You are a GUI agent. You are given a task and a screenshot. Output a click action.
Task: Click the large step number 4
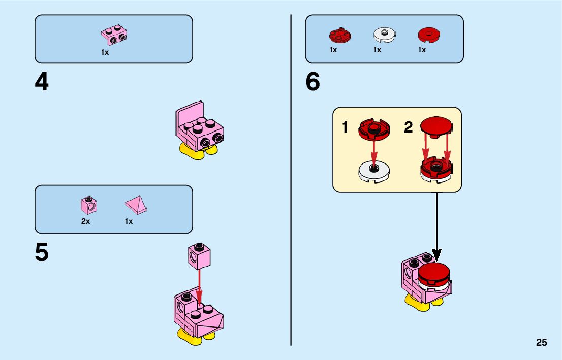coord(42,82)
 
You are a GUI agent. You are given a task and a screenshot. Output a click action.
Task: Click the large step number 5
coord(42,252)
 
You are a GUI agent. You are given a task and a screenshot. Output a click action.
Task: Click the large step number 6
coord(313,82)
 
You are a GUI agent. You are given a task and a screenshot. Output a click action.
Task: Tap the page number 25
coord(541,343)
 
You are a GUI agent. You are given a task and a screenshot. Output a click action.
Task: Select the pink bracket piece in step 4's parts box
coord(114,35)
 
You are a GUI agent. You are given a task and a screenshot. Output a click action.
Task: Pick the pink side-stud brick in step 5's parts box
coord(88,205)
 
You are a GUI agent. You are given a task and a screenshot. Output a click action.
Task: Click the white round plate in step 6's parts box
coord(384,35)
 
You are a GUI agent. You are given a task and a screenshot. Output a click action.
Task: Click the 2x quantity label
coord(85,221)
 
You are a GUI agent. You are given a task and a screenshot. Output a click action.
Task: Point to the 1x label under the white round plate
coord(377,50)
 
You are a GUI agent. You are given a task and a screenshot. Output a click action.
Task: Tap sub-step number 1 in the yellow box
coord(345,127)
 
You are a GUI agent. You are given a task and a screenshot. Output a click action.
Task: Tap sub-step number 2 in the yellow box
coord(408,127)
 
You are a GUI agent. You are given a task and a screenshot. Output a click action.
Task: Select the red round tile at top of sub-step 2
coord(436,126)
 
